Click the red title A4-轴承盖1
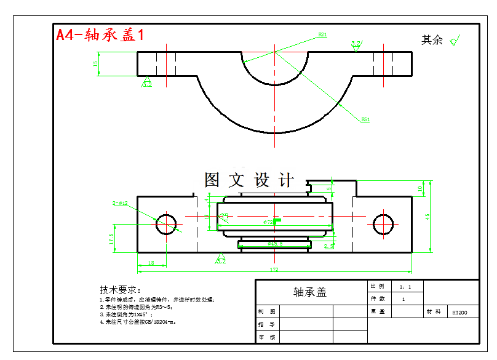(x=100, y=35)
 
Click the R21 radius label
(x=322, y=35)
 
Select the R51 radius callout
(x=365, y=119)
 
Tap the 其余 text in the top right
(x=432, y=41)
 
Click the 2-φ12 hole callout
(x=120, y=203)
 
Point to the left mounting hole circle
(x=166, y=224)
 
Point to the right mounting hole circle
(x=383, y=224)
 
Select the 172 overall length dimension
(x=274, y=270)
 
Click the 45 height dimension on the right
(x=427, y=216)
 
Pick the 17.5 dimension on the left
(x=111, y=238)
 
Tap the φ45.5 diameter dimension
(x=275, y=244)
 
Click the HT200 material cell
(x=459, y=313)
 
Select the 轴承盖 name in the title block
(x=310, y=292)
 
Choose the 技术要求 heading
(x=121, y=290)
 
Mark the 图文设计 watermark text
(x=249, y=180)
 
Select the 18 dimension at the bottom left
(x=151, y=263)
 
